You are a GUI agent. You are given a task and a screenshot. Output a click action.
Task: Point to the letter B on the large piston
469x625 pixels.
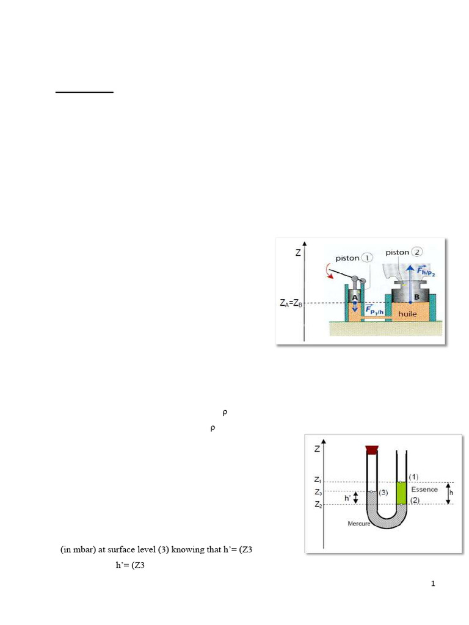pyautogui.click(x=417, y=297)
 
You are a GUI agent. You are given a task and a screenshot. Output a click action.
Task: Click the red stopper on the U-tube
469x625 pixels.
pyautogui.click(x=371, y=450)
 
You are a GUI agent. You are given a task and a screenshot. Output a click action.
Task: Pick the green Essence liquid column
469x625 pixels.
pyautogui.click(x=401, y=492)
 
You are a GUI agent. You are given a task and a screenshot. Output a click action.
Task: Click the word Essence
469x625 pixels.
pyautogui.click(x=424, y=490)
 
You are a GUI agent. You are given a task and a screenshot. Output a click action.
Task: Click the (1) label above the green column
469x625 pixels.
pyautogui.click(x=413, y=476)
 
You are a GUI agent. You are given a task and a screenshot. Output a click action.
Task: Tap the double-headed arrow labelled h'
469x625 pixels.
pyautogui.click(x=356, y=498)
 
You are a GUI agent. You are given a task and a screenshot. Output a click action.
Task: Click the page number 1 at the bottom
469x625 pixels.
pyautogui.click(x=433, y=584)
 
